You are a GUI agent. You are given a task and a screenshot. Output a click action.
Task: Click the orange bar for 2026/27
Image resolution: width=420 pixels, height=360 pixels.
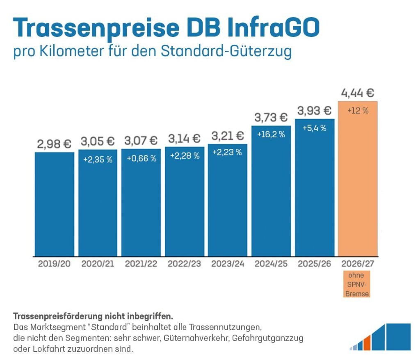[358, 185]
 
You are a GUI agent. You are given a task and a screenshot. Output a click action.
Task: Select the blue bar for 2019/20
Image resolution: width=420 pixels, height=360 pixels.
[55, 205]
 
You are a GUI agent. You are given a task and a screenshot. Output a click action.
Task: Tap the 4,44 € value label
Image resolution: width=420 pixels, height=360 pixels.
[358, 93]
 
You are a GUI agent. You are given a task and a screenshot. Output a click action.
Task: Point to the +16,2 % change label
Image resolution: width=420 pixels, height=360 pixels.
[271, 134]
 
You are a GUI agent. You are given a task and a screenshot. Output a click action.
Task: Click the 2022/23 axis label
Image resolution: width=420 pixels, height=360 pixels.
[184, 264]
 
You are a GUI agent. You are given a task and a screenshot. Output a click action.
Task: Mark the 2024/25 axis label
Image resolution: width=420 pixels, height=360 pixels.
[271, 264]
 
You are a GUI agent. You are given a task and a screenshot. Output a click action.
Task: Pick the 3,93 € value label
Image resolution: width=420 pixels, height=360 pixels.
[315, 111]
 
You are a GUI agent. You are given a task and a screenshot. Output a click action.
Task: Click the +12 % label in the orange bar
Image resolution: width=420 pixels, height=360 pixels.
[358, 111]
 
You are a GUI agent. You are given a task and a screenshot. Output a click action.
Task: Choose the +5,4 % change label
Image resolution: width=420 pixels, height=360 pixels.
[315, 128]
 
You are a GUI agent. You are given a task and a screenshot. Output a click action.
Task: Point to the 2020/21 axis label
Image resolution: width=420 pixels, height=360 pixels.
[98, 264]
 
